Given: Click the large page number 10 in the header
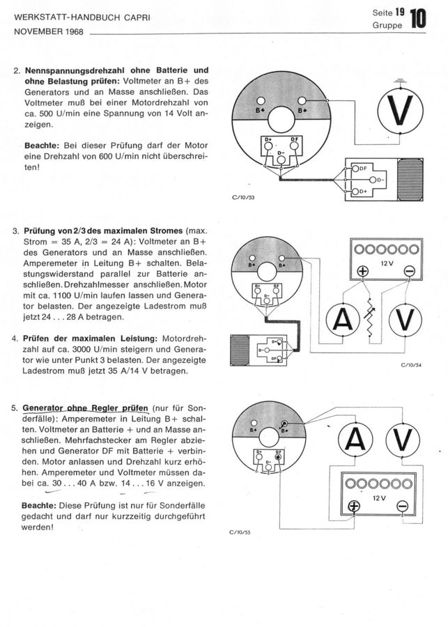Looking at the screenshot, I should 418,17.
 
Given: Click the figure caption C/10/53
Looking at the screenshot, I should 243,197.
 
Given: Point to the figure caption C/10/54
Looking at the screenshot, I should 414,364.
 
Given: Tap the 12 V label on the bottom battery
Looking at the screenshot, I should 378,499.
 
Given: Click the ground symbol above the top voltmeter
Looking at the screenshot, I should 398,83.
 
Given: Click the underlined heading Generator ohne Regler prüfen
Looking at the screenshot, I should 85,408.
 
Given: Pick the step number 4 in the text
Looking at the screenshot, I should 15,337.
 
